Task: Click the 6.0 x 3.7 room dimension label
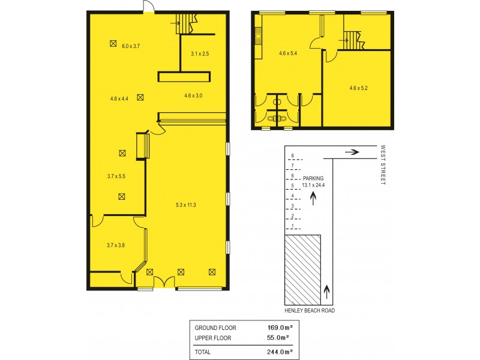point(131,46)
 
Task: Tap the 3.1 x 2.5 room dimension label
point(200,54)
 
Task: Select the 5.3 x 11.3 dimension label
point(186,205)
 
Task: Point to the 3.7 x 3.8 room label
point(115,245)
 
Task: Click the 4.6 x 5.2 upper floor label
point(358,88)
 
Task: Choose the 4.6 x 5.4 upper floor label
point(289,53)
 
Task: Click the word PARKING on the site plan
point(313,178)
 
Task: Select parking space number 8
point(292,155)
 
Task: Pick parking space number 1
point(292,226)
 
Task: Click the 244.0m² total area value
point(280,352)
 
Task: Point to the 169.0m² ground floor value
point(280,328)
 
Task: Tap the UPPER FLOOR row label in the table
point(215,338)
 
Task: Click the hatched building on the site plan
point(302,270)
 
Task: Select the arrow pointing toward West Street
point(352,152)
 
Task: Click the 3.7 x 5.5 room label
point(115,176)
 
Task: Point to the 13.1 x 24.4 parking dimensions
point(313,185)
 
